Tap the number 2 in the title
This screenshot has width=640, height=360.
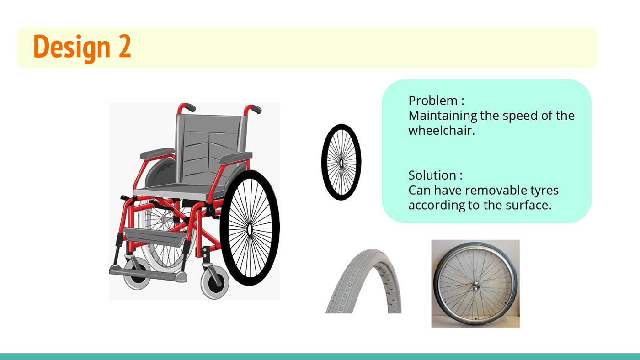click(125, 46)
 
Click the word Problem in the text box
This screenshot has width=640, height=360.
click(433, 101)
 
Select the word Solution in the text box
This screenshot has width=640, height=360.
click(432, 175)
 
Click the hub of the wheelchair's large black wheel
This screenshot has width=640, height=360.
click(249, 229)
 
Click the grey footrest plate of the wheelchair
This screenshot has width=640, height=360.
click(148, 274)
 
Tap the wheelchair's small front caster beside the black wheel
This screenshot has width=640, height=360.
click(215, 282)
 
